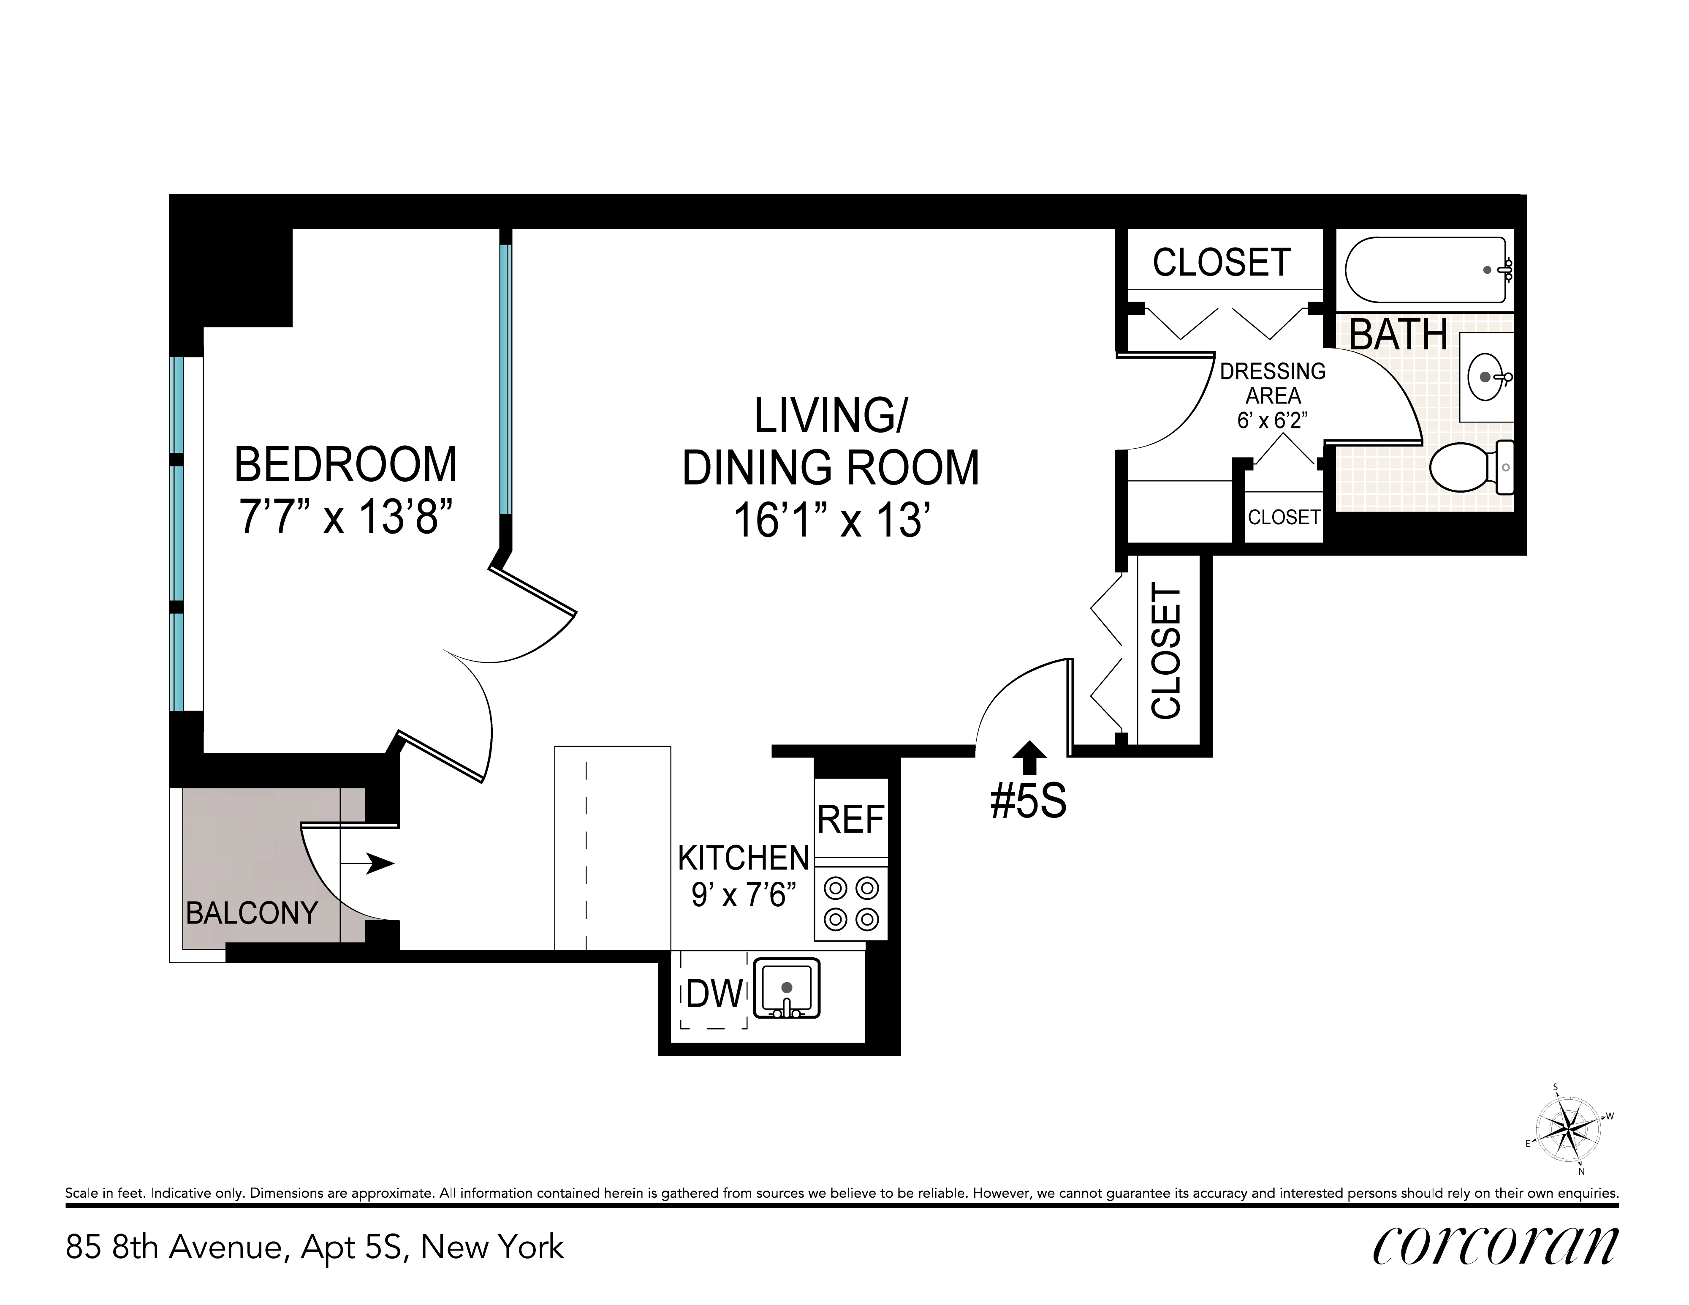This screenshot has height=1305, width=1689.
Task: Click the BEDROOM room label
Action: click(346, 464)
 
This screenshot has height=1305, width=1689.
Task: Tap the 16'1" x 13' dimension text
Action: click(831, 520)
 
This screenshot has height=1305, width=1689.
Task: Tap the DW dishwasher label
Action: click(714, 994)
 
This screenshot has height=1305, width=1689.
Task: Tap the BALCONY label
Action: click(252, 913)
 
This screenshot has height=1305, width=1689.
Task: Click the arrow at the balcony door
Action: click(368, 863)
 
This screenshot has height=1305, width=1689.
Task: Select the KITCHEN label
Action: click(743, 858)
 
